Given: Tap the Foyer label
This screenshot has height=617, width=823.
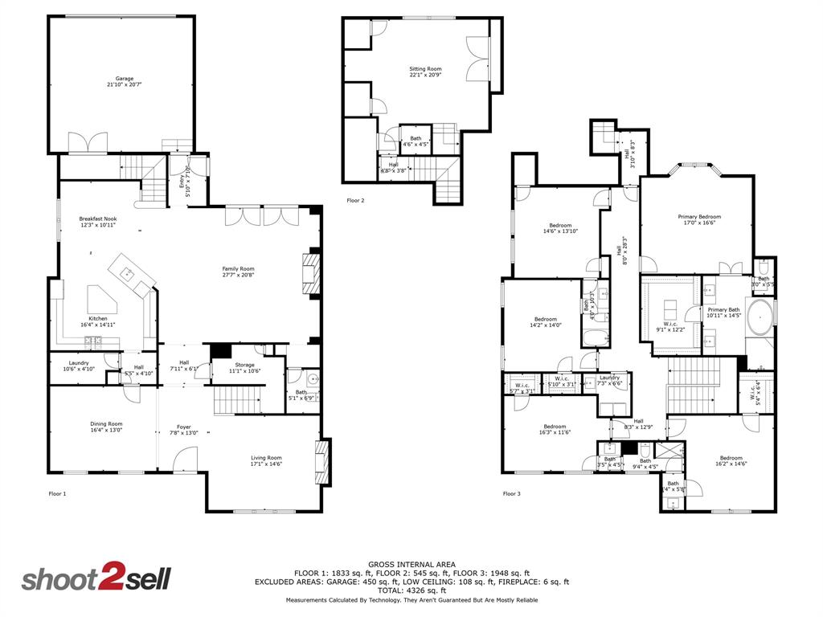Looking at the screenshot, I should (x=183, y=430).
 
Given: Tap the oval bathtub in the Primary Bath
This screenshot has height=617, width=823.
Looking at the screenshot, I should (x=760, y=317).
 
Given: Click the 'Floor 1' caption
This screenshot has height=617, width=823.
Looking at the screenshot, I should (x=57, y=493).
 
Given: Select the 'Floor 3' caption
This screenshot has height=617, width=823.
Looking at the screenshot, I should (x=511, y=493).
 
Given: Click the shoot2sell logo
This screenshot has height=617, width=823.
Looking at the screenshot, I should (x=96, y=579).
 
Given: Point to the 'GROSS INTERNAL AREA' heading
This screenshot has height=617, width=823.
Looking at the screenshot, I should (x=411, y=565).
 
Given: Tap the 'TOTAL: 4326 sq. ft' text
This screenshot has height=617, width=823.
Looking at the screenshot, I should (x=411, y=590).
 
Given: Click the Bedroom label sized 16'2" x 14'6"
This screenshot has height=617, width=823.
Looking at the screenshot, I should (x=731, y=460).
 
